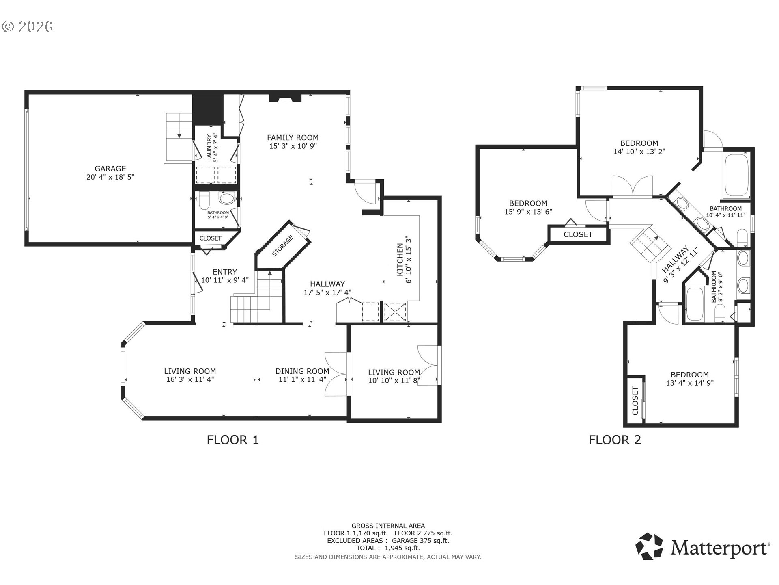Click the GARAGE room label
click(110, 168)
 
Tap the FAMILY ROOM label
click(293, 138)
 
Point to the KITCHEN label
click(400, 260)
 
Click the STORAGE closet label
click(282, 246)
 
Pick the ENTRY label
click(225, 272)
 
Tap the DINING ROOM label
click(302, 371)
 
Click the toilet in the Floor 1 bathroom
click(204, 200)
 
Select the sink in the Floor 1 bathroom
click(226, 199)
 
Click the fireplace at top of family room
click(285, 98)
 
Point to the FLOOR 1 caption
click(232, 440)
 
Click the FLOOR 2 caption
click(615, 440)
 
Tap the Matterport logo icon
click(649, 546)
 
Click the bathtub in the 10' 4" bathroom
click(736, 175)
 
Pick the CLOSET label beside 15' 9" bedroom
click(578, 234)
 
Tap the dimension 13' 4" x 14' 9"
click(690, 383)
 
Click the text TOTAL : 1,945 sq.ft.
click(388, 548)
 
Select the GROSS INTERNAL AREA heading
click(388, 526)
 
